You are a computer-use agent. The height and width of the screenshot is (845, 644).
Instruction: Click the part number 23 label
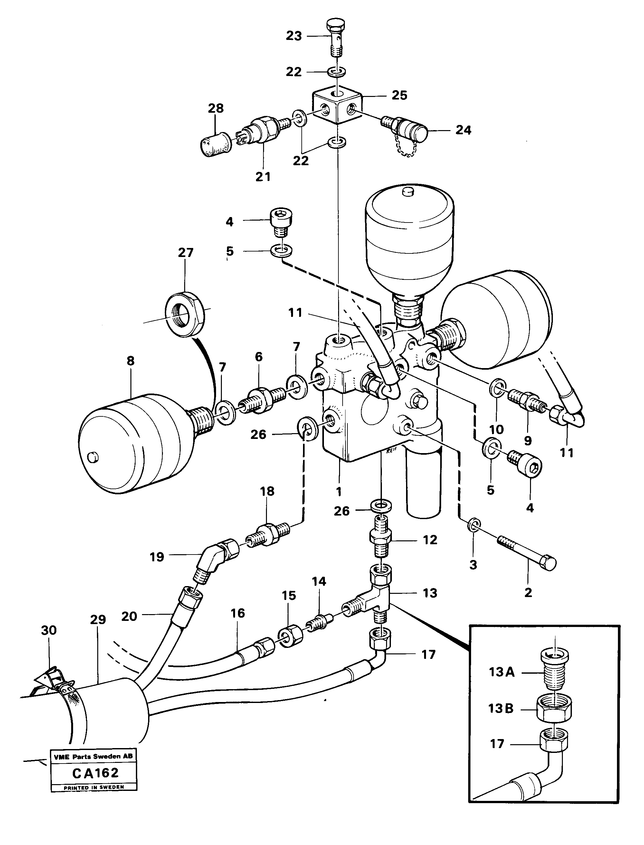[294, 36]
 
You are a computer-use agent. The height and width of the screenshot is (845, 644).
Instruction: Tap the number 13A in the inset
[501, 672]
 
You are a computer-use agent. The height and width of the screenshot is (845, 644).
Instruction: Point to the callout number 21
[263, 177]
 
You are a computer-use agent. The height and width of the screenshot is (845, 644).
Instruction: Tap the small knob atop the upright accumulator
[409, 191]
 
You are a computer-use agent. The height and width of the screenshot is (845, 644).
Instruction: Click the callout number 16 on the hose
[238, 613]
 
